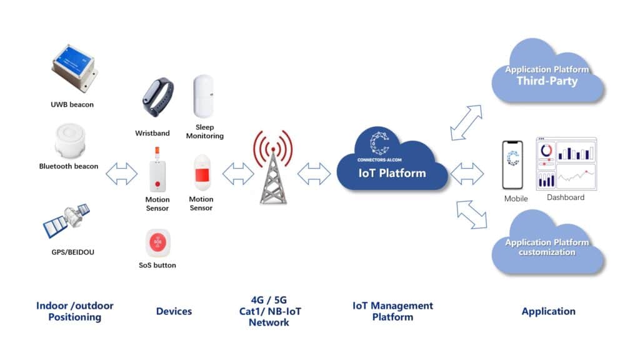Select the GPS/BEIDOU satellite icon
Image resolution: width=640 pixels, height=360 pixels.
pyautogui.click(x=67, y=222)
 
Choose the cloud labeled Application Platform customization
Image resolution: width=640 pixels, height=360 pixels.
pyautogui.click(x=547, y=245)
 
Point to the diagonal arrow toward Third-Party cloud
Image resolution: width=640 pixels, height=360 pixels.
pyautogui.click(x=466, y=122)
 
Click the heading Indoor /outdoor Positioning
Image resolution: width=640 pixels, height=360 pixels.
pyautogui.click(x=75, y=311)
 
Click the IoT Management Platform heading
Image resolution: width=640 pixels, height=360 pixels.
pyautogui.click(x=392, y=311)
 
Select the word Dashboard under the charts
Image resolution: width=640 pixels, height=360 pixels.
pyautogui.click(x=566, y=197)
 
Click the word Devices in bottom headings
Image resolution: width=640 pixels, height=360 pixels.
pyautogui.click(x=174, y=311)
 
